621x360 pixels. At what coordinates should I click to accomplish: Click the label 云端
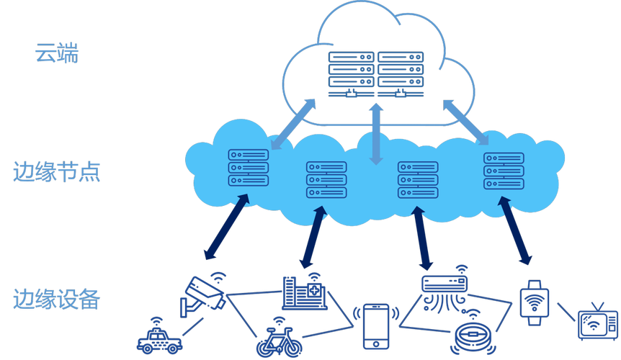[56, 53]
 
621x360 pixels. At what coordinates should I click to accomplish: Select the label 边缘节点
[57, 172]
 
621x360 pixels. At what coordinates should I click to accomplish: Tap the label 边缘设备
[55, 298]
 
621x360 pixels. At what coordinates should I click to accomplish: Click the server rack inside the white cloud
[375, 74]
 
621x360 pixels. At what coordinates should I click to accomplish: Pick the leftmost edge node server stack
[248, 168]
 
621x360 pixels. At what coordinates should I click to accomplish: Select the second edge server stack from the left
[326, 179]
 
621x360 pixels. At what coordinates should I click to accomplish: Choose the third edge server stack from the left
[419, 179]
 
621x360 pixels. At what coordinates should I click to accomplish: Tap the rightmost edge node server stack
[504, 171]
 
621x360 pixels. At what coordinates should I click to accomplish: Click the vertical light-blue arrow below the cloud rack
[375, 133]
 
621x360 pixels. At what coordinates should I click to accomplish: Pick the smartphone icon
[375, 327]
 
